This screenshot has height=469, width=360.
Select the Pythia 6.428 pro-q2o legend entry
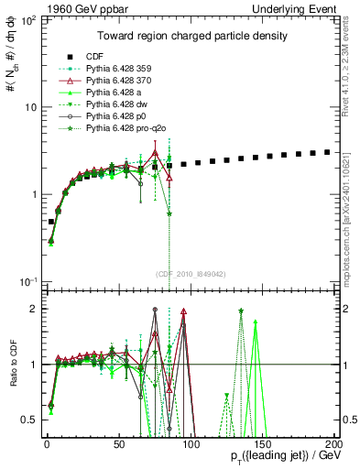(x=125, y=129)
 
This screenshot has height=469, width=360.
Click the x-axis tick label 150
(x=262, y=443)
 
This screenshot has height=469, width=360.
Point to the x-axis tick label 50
(x=119, y=443)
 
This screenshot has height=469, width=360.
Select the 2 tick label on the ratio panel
(x=32, y=309)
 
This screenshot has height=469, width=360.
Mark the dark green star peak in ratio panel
(x=240, y=311)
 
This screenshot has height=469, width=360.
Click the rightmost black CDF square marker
(x=327, y=151)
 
